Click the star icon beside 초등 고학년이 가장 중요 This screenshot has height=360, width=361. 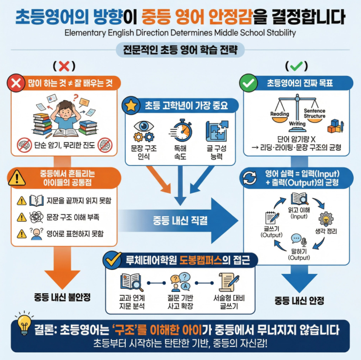click(131, 106)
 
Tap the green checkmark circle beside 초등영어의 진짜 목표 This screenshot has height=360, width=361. click(249, 83)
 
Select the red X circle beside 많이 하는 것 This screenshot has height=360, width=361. click(16, 84)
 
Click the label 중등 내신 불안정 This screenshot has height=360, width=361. click(62, 296)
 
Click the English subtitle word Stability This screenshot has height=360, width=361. click(276, 33)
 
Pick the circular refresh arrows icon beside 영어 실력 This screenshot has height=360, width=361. click(249, 179)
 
